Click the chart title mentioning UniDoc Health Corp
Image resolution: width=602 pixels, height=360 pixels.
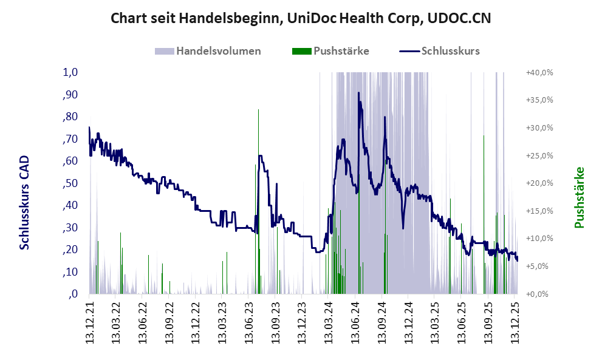[x=301, y=18]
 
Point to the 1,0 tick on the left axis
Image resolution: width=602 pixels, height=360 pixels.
[x=70, y=72]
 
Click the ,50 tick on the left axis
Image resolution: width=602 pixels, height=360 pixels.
[x=70, y=183]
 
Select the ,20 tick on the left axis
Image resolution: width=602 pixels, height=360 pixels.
[x=70, y=250]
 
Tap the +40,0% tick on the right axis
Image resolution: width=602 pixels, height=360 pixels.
[x=539, y=72]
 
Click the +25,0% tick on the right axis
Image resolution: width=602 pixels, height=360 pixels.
[x=539, y=155]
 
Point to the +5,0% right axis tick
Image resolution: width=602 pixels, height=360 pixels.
[x=540, y=266]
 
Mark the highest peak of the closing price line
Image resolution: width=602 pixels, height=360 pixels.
[x=358, y=93]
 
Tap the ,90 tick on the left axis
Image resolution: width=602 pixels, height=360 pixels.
[x=70, y=95]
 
